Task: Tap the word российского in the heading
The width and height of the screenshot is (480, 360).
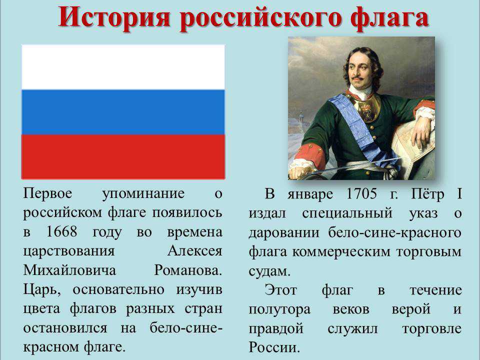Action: tap(260, 18)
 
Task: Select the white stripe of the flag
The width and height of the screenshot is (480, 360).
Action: tap(123, 67)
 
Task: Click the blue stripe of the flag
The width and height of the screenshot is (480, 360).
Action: tap(123, 112)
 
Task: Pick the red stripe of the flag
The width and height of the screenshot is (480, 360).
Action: tap(123, 156)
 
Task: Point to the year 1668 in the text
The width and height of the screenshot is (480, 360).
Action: tap(61, 231)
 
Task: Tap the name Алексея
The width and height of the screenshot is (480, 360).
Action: tap(194, 251)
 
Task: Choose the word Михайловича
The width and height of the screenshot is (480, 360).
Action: tap(69, 270)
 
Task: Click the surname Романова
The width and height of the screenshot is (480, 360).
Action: tap(188, 270)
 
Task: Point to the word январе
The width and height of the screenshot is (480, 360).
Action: tap(310, 194)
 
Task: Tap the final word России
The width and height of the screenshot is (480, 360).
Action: tap(274, 347)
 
